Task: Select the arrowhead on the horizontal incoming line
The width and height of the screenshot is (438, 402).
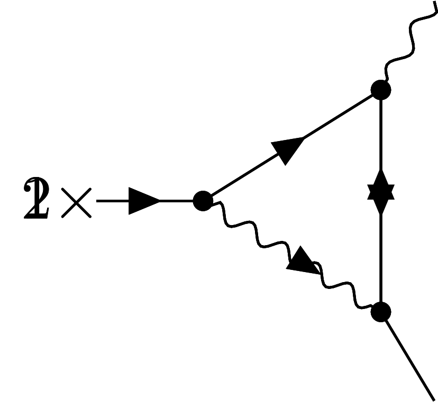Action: (x=143, y=201)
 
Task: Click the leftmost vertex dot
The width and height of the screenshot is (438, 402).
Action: (x=203, y=201)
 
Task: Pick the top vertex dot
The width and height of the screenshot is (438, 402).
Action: (x=381, y=90)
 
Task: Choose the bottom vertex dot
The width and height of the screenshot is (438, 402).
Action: (x=381, y=312)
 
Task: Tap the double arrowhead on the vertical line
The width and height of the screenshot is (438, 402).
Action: (x=381, y=192)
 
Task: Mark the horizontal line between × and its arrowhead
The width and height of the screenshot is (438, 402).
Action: (x=112, y=201)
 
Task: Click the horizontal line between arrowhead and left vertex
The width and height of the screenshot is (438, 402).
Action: (x=177, y=201)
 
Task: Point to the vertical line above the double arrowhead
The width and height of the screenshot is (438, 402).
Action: (x=381, y=137)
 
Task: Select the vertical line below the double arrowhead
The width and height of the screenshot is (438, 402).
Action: (x=381, y=254)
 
